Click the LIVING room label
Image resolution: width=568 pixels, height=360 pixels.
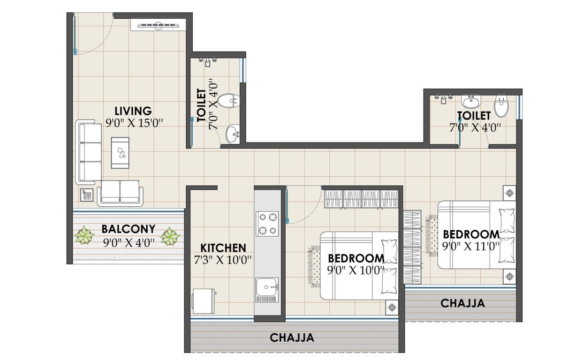pyautogui.click(x=134, y=111)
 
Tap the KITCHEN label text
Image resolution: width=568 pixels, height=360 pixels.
pyautogui.click(x=223, y=247)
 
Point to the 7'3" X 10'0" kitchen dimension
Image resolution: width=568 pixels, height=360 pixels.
pyautogui.click(x=223, y=259)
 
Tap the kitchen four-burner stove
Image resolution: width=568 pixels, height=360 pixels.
pyautogui.click(x=267, y=224)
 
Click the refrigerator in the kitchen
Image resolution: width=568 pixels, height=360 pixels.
pyautogui.click(x=204, y=301)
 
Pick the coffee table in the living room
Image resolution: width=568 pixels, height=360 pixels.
pyautogui.click(x=120, y=152)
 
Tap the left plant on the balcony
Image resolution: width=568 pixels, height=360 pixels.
pyautogui.click(x=84, y=235)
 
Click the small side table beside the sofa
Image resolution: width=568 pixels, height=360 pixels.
pyautogui.click(x=86, y=195)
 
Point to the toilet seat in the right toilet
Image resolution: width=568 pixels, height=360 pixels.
pyautogui.click(x=501, y=107)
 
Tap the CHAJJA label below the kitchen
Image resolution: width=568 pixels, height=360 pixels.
pyautogui.click(x=292, y=337)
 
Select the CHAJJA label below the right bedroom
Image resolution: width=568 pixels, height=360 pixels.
pyautogui.click(x=462, y=304)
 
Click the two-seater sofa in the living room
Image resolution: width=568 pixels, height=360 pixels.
pyautogui.click(x=120, y=192)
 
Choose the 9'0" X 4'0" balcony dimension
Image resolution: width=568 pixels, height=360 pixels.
pyautogui.click(x=129, y=242)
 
